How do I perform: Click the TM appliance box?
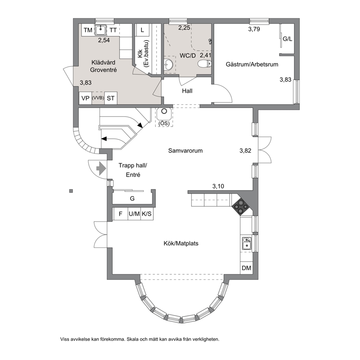(88, 30)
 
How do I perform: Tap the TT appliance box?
(113, 30)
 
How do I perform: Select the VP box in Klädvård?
(85, 98)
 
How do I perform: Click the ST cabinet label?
(111, 98)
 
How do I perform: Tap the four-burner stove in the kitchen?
(240, 206)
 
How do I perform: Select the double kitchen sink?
(247, 244)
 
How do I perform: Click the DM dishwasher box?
(246, 268)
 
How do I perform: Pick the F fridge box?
(120, 214)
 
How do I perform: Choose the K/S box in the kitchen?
(147, 214)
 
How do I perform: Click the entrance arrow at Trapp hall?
(101, 169)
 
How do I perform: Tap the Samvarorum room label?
(185, 151)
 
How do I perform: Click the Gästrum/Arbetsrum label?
(252, 64)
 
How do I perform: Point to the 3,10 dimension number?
(218, 186)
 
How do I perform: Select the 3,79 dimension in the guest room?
(254, 29)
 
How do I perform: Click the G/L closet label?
(287, 39)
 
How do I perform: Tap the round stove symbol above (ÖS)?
(164, 111)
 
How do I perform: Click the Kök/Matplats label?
(181, 244)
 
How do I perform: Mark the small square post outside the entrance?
(71, 191)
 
